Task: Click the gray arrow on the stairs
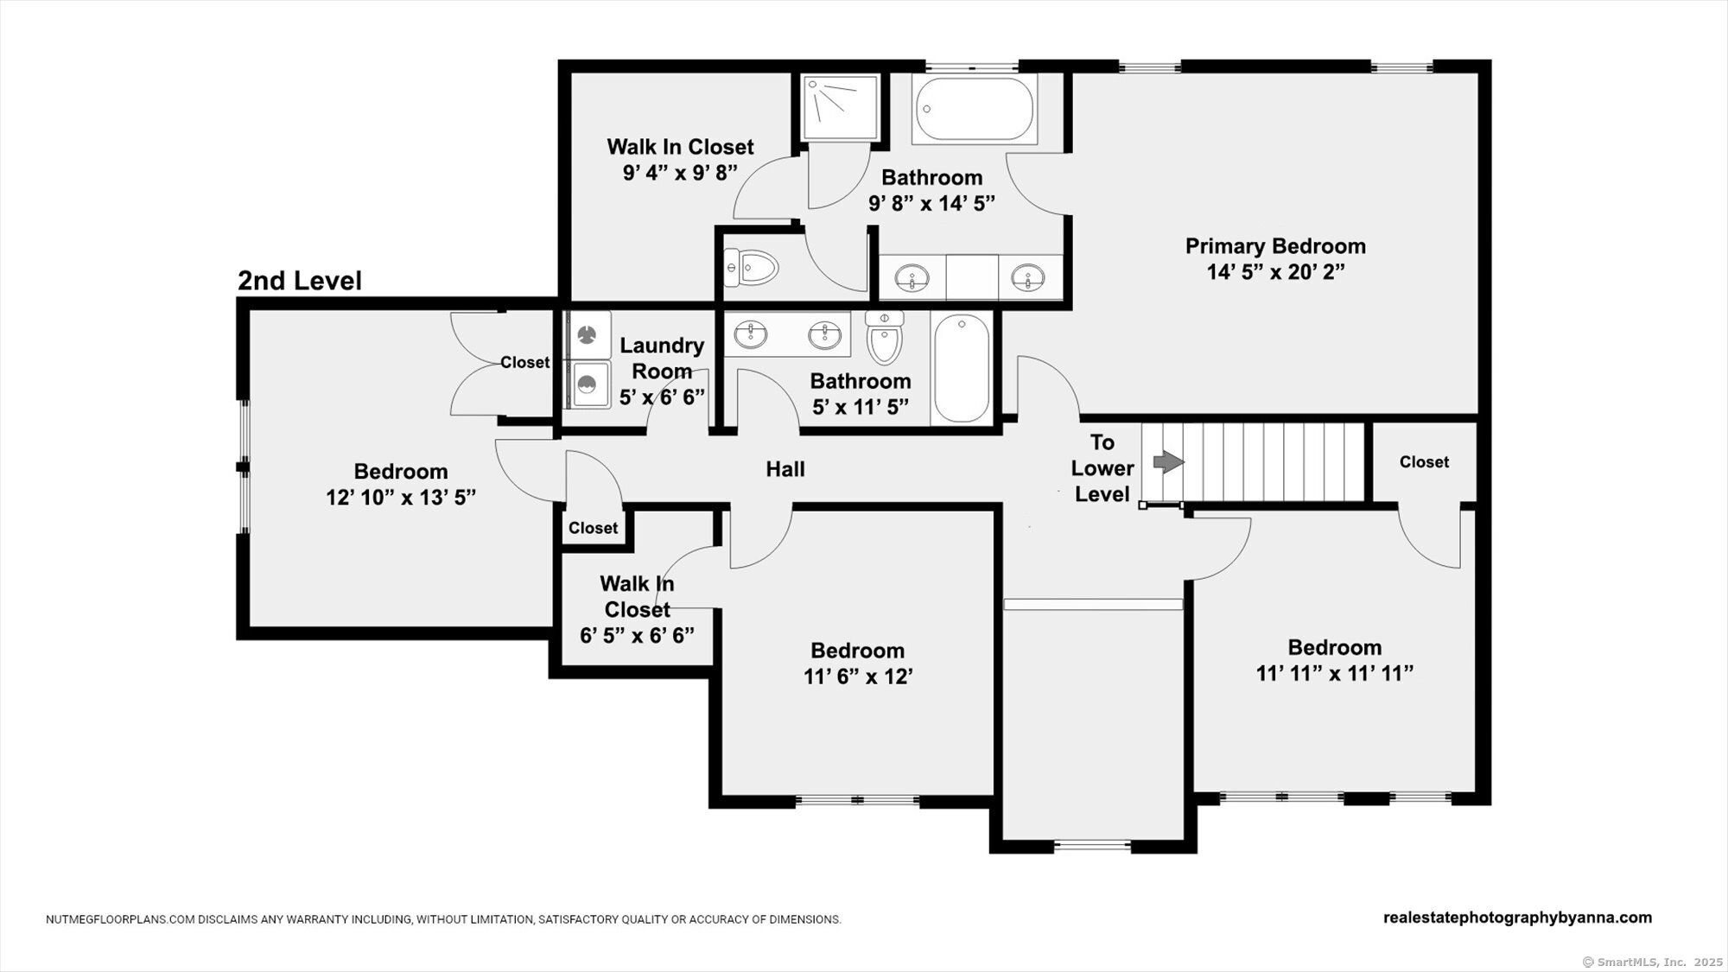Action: pos(1168,462)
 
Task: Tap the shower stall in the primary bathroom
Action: pos(842,107)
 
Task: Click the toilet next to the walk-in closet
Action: pos(751,268)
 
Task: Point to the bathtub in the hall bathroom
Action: pos(961,368)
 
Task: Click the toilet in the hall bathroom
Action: pos(884,337)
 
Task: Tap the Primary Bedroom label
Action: pos(1275,246)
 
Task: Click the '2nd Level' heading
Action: pos(300,281)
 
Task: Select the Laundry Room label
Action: pos(662,359)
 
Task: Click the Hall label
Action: pos(785,469)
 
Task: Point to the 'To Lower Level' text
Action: pos(1102,468)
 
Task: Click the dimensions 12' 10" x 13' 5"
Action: pos(401,499)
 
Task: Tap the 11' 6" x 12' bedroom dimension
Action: pos(859,677)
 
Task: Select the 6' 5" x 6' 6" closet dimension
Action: pos(637,636)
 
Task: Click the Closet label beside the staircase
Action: pos(1424,462)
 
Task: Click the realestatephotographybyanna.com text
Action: pos(1517,918)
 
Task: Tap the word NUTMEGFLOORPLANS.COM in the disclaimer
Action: pos(120,920)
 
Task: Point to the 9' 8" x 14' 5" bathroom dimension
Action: pos(931,203)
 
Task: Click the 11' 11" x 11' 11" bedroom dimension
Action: pos(1335,673)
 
